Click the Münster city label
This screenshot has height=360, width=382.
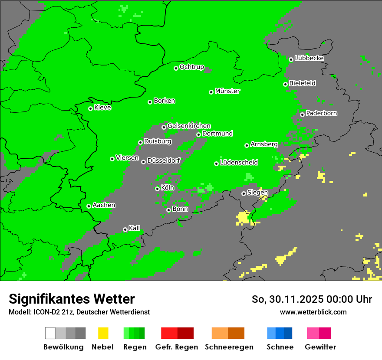(227, 91)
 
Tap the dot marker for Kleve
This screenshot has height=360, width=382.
(90, 108)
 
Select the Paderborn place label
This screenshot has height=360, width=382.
(321, 113)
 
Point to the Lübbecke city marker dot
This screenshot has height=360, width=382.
(291, 59)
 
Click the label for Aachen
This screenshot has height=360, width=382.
(104, 205)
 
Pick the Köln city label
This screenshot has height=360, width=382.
(167, 188)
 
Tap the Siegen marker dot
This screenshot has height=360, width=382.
(244, 193)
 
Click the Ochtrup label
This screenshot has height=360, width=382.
(191, 67)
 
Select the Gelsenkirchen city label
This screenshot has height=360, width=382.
(189, 126)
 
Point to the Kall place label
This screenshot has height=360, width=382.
(134, 228)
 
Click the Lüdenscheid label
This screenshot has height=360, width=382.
(239, 163)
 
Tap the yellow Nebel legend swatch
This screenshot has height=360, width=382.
(103, 333)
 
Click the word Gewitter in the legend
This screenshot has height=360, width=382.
(320, 347)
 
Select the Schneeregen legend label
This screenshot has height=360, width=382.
(229, 347)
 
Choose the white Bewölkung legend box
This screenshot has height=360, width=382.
(50, 333)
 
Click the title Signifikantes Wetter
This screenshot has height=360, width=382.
(72, 299)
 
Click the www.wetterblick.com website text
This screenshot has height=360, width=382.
(313, 312)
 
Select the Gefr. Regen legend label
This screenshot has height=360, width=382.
(177, 347)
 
